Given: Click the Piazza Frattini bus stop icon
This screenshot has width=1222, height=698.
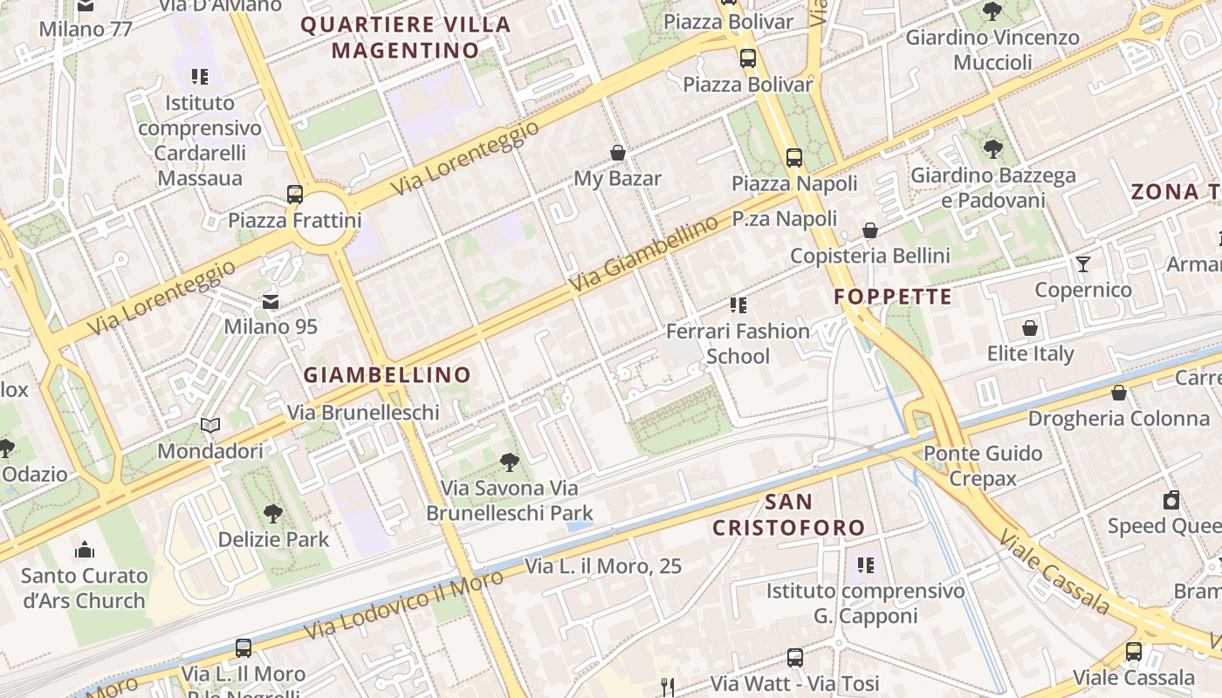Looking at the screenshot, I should [x=295, y=194].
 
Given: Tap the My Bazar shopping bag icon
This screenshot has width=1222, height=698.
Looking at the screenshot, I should [x=618, y=154].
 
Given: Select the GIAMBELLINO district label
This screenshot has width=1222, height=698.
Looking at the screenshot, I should [x=387, y=375].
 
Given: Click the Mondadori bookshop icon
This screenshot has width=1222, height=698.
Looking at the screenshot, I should [x=210, y=426].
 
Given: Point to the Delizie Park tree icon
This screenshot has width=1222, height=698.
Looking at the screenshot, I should [x=273, y=513].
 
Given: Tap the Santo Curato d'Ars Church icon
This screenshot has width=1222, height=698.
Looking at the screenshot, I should [x=85, y=550].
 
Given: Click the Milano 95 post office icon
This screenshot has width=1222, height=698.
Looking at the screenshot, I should [x=271, y=302].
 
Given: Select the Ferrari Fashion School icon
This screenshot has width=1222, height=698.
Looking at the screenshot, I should [x=738, y=305].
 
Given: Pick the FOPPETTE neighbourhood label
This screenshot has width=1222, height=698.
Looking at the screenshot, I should [x=893, y=297].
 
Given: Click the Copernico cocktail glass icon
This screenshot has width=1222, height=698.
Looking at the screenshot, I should [x=1083, y=263].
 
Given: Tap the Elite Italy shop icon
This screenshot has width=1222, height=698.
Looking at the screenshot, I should [x=1030, y=328].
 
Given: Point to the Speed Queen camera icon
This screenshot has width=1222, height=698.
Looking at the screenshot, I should [x=1171, y=500].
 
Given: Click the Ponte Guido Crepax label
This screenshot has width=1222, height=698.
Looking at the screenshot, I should [x=983, y=466].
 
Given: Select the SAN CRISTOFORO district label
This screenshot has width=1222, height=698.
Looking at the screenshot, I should [x=789, y=515].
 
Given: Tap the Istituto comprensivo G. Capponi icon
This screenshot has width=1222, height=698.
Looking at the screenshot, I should [x=866, y=565].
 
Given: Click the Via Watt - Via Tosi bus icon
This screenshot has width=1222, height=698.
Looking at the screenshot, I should [x=795, y=657].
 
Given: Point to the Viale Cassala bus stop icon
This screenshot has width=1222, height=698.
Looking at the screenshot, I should [x=1133, y=651].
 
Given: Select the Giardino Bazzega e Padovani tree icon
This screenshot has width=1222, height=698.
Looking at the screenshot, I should [x=992, y=148].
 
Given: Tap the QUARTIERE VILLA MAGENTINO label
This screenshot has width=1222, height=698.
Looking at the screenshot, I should [x=406, y=38].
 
